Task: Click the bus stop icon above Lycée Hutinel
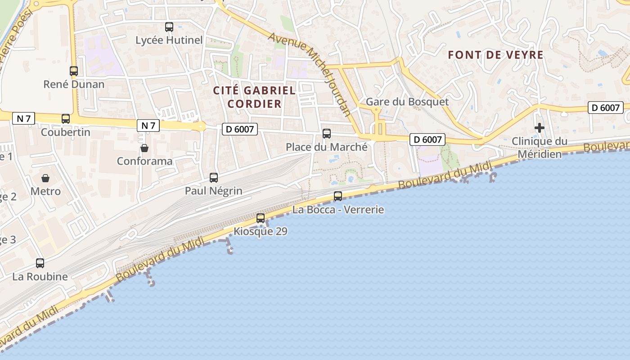[x=169, y=27]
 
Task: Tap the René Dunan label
[x=74, y=84]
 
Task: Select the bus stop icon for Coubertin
[x=66, y=119]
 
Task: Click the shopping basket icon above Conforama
[x=144, y=148]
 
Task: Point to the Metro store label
[x=45, y=191]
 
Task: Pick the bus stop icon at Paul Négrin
[x=214, y=178]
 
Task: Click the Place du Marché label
[x=327, y=147]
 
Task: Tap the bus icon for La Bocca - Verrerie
[x=338, y=196]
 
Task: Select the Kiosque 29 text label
[x=261, y=231]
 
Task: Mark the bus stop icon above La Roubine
[x=40, y=263]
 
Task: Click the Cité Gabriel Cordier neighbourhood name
[x=254, y=97]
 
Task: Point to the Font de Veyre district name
[x=496, y=55]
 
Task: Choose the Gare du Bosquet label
[x=407, y=102]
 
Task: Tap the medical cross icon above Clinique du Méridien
[x=540, y=128]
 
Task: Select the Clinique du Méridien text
[x=540, y=148]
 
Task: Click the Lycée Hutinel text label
[x=169, y=40]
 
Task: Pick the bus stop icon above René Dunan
[x=74, y=71]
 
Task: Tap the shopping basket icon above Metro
[x=45, y=178]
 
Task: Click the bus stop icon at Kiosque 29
[x=261, y=218]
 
